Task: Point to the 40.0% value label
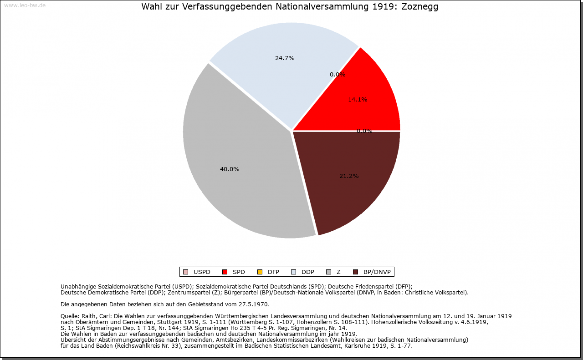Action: tap(230, 169)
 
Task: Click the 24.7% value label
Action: tap(285, 58)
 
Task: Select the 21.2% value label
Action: tap(349, 176)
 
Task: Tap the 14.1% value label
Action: tap(358, 100)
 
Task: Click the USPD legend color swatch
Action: tap(185, 272)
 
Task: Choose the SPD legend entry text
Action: tap(239, 272)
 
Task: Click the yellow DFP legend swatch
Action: tap(260, 272)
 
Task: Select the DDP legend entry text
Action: tap(308, 272)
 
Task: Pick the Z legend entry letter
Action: tap(338, 272)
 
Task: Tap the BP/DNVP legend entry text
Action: tap(377, 272)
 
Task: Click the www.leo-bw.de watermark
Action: tap(25, 6)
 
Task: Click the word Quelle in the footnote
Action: tap(70, 316)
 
